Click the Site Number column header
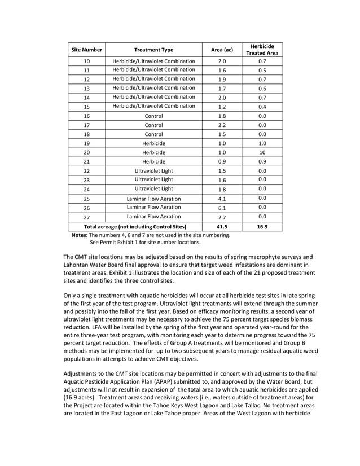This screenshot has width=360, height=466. point(86,50)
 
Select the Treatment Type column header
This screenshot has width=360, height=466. point(153,50)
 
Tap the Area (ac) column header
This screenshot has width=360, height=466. point(222,50)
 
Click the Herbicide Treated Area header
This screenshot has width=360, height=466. point(262,50)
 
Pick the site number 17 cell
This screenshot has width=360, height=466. point(86,125)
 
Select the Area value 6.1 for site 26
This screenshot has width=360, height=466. point(222,208)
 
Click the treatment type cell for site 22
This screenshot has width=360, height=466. point(153,170)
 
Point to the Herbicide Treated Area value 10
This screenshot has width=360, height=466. point(262,152)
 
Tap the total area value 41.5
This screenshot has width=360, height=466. point(222,226)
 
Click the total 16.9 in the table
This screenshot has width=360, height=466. point(262,226)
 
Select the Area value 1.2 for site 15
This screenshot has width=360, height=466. point(222,106)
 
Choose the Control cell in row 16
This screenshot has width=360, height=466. point(153,116)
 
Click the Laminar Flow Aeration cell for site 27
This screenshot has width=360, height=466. point(153,217)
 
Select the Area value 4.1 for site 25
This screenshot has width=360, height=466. point(222,199)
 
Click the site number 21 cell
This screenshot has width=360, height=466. point(86,162)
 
